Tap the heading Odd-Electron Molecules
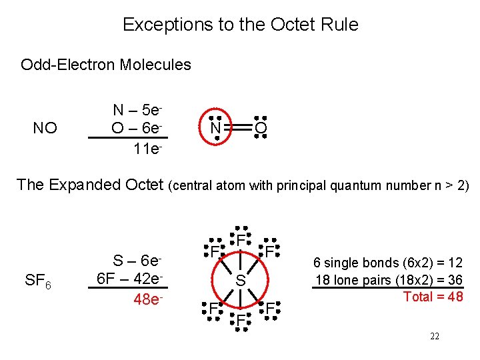click(x=106, y=65)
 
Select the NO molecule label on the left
click(x=45, y=128)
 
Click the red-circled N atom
click(x=215, y=127)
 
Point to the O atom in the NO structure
click(x=261, y=127)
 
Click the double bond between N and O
click(x=238, y=127)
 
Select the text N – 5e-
click(x=138, y=110)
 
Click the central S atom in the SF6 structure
click(x=241, y=282)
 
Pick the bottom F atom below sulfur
click(x=241, y=321)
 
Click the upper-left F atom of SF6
click(x=211, y=252)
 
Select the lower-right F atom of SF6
click(x=269, y=309)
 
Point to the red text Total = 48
click(x=433, y=297)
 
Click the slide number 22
click(x=434, y=337)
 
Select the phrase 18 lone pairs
click(x=352, y=280)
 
